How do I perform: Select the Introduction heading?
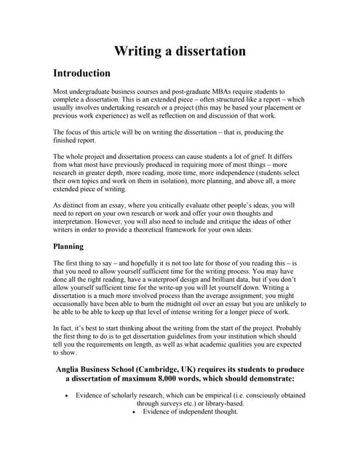coord(82,73)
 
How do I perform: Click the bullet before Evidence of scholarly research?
coord(67,396)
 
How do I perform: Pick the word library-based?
coord(224,403)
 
